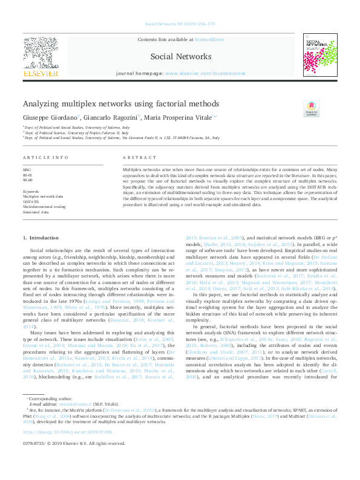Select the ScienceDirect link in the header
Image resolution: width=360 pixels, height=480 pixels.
click(x=209, y=39)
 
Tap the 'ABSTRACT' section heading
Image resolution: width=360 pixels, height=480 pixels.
click(x=135, y=157)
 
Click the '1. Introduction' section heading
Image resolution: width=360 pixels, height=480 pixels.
click(x=41, y=238)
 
